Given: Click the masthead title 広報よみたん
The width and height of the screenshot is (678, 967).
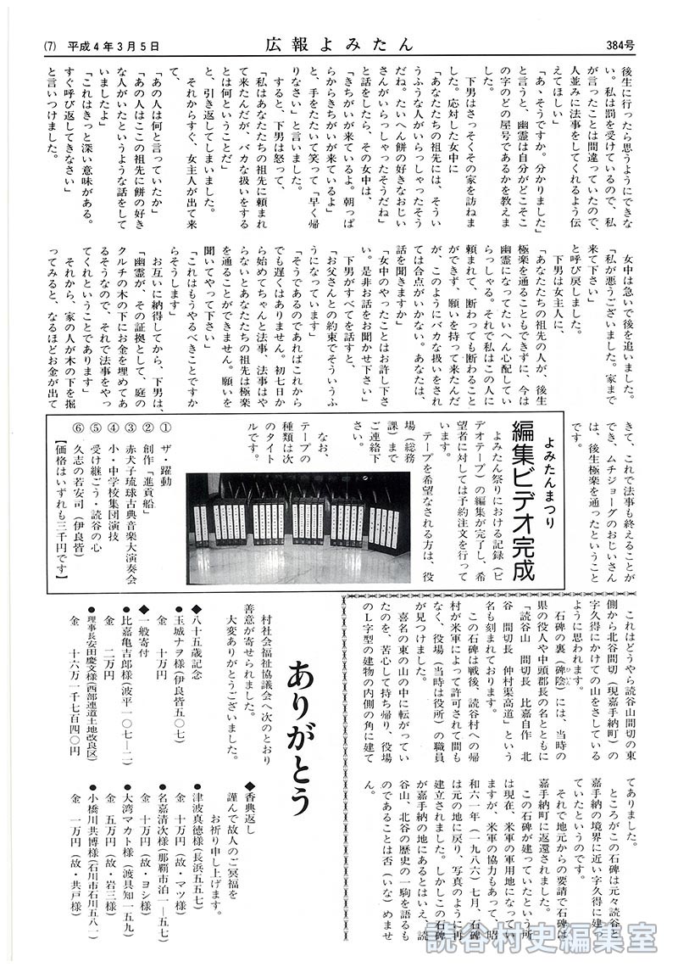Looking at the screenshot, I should [x=337, y=44].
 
